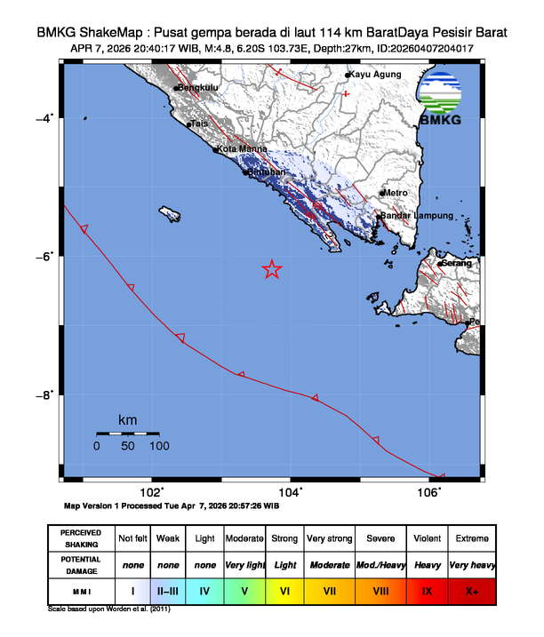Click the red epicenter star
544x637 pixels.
272,270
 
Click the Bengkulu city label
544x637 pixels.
198,88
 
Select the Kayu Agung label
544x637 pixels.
372,76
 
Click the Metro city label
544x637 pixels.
396,193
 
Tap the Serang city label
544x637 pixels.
456,263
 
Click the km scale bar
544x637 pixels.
127,434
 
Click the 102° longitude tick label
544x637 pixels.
152,492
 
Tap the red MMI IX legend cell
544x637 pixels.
427,590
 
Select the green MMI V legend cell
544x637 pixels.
244,590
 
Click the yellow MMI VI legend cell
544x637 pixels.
285,590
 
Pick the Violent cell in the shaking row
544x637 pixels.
427,538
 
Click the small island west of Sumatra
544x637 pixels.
169,213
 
